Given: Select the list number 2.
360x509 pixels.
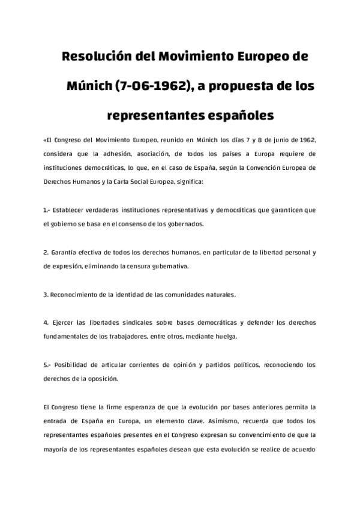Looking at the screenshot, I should coord(46,253).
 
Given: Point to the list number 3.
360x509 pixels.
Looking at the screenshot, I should coord(46,295).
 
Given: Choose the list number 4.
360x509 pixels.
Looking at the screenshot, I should coord(46,322).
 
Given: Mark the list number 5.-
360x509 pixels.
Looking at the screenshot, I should coord(47,364).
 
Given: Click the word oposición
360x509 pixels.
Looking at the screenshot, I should coord(101,378).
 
